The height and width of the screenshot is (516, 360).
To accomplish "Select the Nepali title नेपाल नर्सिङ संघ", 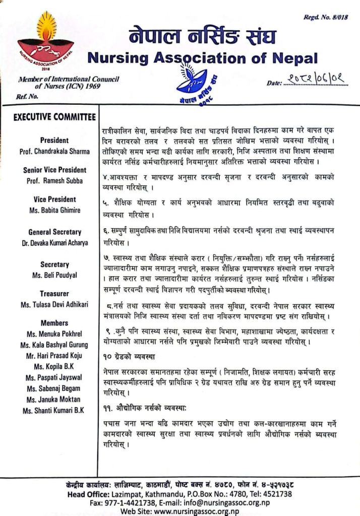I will [x=202, y=37].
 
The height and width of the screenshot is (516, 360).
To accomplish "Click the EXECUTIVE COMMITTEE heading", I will [x=54, y=117].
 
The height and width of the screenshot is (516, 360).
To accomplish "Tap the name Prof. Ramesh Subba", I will [x=54, y=180].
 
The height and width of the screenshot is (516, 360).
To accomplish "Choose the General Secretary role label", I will [x=54, y=232].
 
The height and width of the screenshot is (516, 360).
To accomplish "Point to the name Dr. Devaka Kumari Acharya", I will [x=54, y=243].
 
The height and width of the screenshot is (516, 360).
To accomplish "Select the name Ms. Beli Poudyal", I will [x=54, y=276].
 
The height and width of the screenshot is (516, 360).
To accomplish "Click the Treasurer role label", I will [x=54, y=293].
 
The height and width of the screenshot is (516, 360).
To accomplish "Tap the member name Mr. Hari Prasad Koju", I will [x=54, y=356].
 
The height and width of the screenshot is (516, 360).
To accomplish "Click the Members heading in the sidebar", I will [x=54, y=323].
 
